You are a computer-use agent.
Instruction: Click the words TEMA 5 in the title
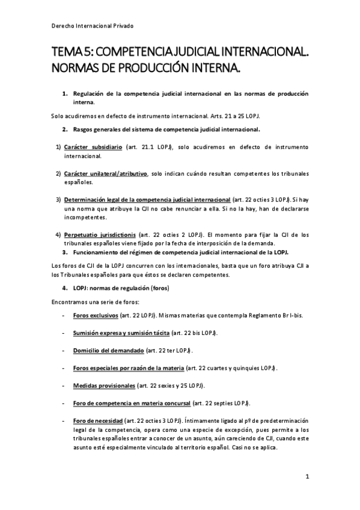click(x=71, y=54)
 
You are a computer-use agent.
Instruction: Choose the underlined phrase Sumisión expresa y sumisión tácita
click(x=121, y=333)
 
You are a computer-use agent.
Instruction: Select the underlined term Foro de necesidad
click(x=97, y=420)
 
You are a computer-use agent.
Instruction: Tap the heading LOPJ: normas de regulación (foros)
click(x=121, y=288)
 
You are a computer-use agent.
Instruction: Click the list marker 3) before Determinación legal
click(x=58, y=199)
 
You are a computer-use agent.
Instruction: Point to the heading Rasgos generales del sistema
click(x=166, y=129)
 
